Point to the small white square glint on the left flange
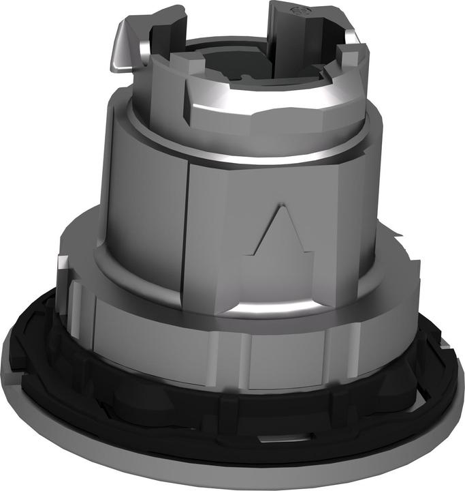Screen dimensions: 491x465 point(64,262)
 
